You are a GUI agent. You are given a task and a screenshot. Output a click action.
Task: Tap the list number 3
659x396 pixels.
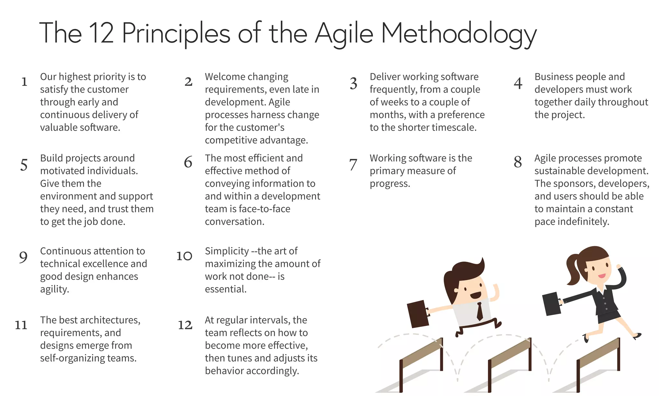(x=353, y=84)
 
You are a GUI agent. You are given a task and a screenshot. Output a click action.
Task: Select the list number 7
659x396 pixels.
(x=353, y=165)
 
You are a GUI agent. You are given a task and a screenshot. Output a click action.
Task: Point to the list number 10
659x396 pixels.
(x=184, y=256)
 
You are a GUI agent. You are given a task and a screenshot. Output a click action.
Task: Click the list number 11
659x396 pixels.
(x=21, y=325)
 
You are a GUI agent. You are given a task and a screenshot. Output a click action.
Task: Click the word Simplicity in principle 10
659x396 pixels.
(x=227, y=251)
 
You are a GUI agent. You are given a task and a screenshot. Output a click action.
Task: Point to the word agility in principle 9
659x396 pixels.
(x=54, y=289)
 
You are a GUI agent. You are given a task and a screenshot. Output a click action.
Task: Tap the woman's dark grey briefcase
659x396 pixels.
(x=552, y=304)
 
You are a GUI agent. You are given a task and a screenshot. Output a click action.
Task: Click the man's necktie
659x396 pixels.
(x=479, y=311)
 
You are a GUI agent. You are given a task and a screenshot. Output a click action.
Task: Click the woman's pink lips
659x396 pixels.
(x=601, y=276)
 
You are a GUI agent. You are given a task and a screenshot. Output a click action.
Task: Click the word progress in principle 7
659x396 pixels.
(x=390, y=184)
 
